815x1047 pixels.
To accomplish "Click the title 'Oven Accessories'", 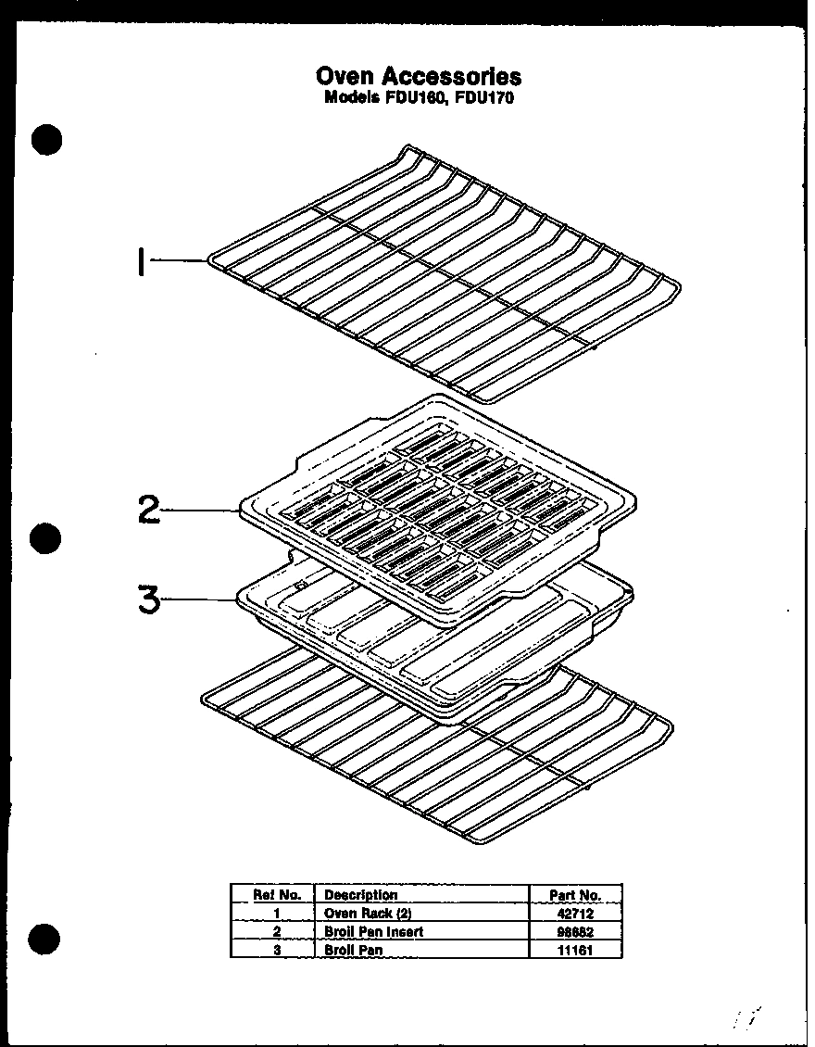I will coord(419,76).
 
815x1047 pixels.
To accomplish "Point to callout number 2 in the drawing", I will coord(148,510).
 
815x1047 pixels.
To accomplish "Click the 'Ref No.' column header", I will coord(277,895).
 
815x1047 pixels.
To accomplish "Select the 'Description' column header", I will coord(361,895).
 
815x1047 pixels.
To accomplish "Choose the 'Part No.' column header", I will coord(575,895).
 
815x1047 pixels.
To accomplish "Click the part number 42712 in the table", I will coord(576,914).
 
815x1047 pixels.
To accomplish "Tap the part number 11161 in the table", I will coord(576,950).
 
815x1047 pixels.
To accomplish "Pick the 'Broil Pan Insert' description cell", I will coord(373,931).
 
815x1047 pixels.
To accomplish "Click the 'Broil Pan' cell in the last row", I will coord(353,950).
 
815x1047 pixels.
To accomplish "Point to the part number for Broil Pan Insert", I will coord(576,931).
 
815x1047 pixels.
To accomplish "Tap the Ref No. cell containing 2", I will coord(277,931).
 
